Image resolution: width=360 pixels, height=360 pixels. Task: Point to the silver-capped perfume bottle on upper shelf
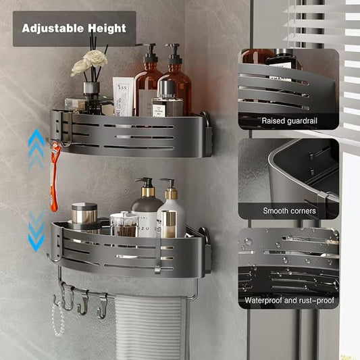(x=167, y=99)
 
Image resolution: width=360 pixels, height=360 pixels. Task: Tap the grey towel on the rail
(x=150, y=328)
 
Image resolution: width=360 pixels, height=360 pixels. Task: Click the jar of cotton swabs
(x=123, y=224)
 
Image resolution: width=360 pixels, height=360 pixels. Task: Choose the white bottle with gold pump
(x=170, y=213)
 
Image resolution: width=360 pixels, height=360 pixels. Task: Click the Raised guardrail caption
(x=288, y=121)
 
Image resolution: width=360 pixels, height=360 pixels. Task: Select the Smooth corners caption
(x=288, y=211)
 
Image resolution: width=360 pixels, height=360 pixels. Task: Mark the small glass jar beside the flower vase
(x=75, y=105)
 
